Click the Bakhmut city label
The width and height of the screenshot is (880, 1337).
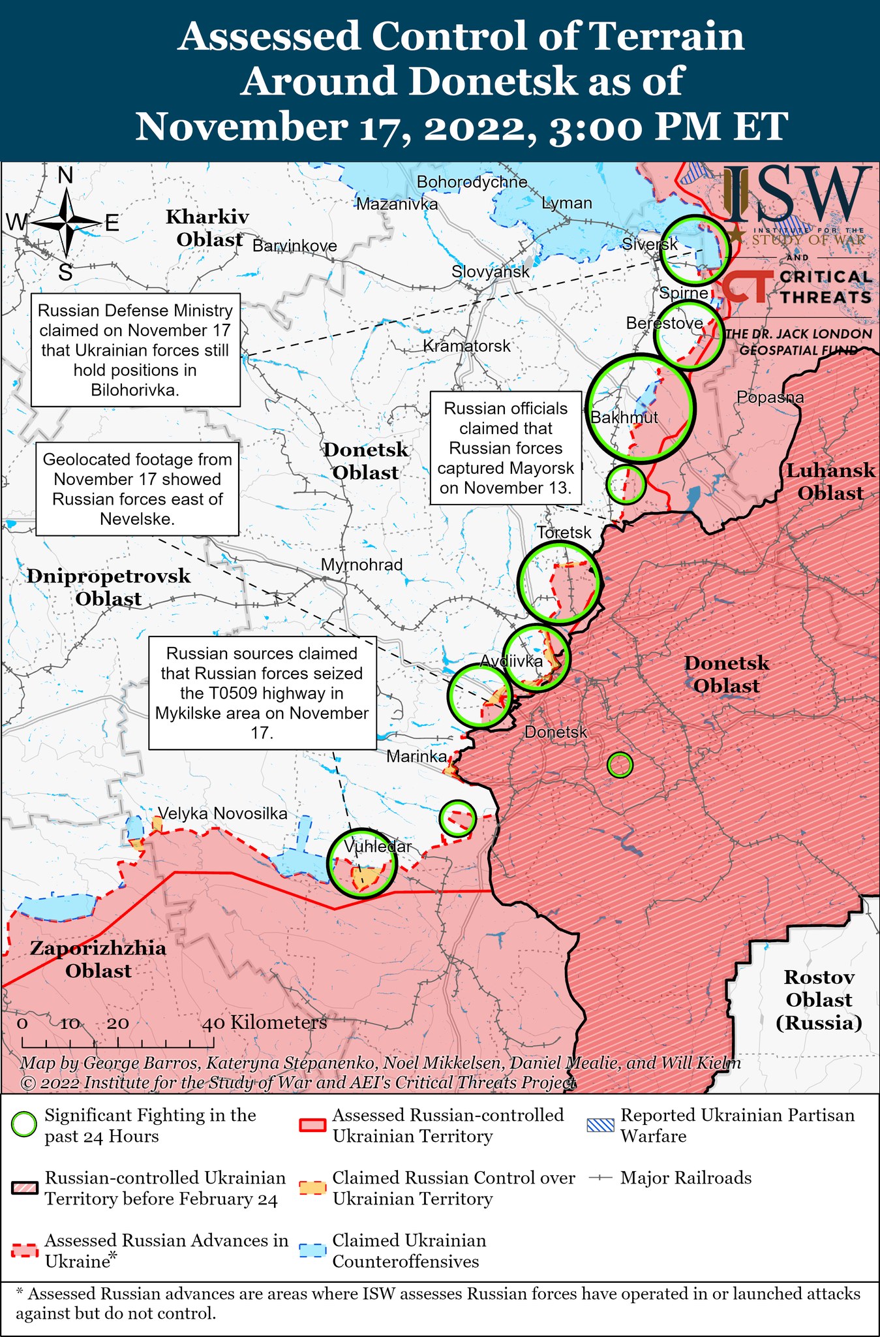(x=624, y=418)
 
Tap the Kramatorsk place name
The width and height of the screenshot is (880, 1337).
(x=466, y=346)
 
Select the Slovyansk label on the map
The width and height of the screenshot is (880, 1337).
(x=491, y=272)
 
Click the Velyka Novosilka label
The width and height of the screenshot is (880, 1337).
(x=222, y=813)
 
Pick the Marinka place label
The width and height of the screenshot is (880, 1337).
(x=417, y=757)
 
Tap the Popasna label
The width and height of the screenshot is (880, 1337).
(x=770, y=397)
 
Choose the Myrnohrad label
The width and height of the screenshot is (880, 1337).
(x=362, y=565)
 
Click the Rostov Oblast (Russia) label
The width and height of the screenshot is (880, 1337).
(x=819, y=999)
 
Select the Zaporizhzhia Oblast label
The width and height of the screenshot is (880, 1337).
(x=98, y=959)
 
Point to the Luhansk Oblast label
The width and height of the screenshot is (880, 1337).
(x=830, y=482)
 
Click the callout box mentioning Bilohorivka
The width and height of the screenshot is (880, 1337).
(x=136, y=350)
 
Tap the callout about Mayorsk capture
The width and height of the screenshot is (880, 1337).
(x=506, y=448)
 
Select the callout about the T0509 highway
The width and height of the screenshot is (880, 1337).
(x=262, y=693)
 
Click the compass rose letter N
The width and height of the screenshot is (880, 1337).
(x=65, y=176)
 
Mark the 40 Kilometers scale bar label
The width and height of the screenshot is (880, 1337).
(x=264, y=1022)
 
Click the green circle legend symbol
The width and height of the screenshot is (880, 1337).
(x=25, y=1125)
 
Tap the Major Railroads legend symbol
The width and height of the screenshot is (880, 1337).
(x=600, y=1178)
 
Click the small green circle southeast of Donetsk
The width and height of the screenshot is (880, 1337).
(x=620, y=764)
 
